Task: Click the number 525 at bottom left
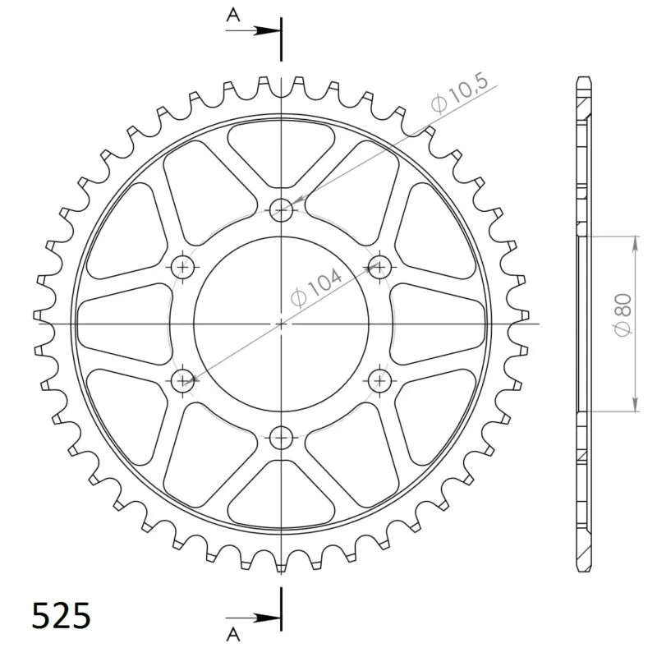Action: (x=61, y=615)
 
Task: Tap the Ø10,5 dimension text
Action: (x=460, y=93)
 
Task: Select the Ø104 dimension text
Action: (x=316, y=288)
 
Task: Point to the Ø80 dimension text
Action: (x=623, y=315)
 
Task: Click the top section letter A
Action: (x=233, y=15)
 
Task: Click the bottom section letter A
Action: (x=233, y=634)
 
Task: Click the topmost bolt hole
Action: (x=281, y=209)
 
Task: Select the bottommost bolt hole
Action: (x=281, y=438)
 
